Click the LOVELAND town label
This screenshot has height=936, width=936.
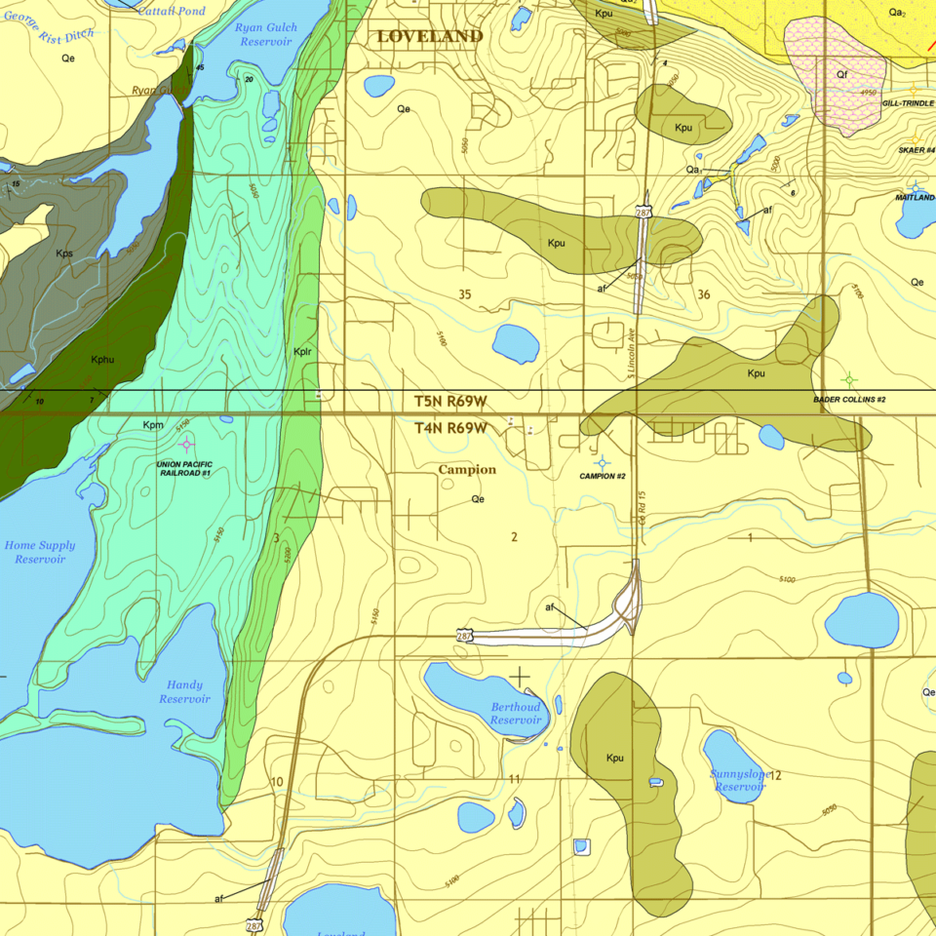pyautogui.click(x=430, y=37)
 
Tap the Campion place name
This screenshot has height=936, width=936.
pyautogui.click(x=467, y=469)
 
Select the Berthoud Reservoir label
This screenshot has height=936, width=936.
pyautogui.click(x=516, y=713)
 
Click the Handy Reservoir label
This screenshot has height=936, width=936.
pyautogui.click(x=185, y=691)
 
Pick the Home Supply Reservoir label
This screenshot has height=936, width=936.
pyautogui.click(x=40, y=552)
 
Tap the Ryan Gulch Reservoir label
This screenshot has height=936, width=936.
pyautogui.click(x=266, y=34)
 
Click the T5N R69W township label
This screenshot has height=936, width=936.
pyautogui.click(x=450, y=401)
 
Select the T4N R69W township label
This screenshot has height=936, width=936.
pyautogui.click(x=450, y=428)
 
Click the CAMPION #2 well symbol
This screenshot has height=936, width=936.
pyautogui.click(x=602, y=462)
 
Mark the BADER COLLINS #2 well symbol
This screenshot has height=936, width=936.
pyautogui.click(x=849, y=378)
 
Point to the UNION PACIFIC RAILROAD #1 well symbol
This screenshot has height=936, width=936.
pyautogui.click(x=185, y=445)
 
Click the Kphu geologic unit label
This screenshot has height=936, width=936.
pyautogui.click(x=103, y=360)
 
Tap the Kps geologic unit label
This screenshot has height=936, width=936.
pyautogui.click(x=64, y=253)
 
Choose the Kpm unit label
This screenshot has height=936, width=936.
pyautogui.click(x=153, y=425)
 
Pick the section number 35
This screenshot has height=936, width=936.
pyautogui.click(x=464, y=293)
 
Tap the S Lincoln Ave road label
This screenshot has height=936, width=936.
pyautogui.click(x=631, y=346)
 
